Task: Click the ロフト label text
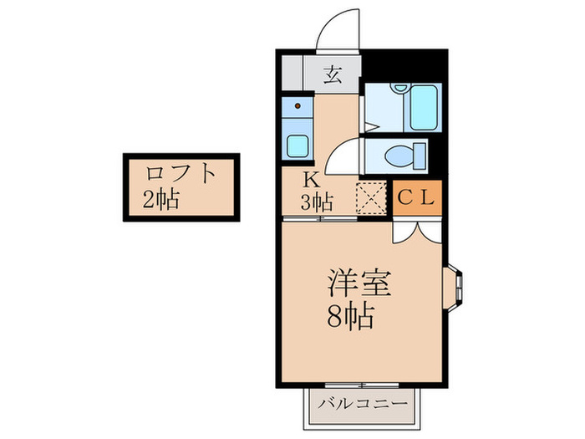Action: [x=181, y=175]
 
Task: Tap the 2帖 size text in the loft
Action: [x=161, y=200]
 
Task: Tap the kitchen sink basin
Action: [x=298, y=145]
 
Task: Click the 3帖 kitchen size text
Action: [x=318, y=201]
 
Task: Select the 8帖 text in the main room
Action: [x=350, y=317]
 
